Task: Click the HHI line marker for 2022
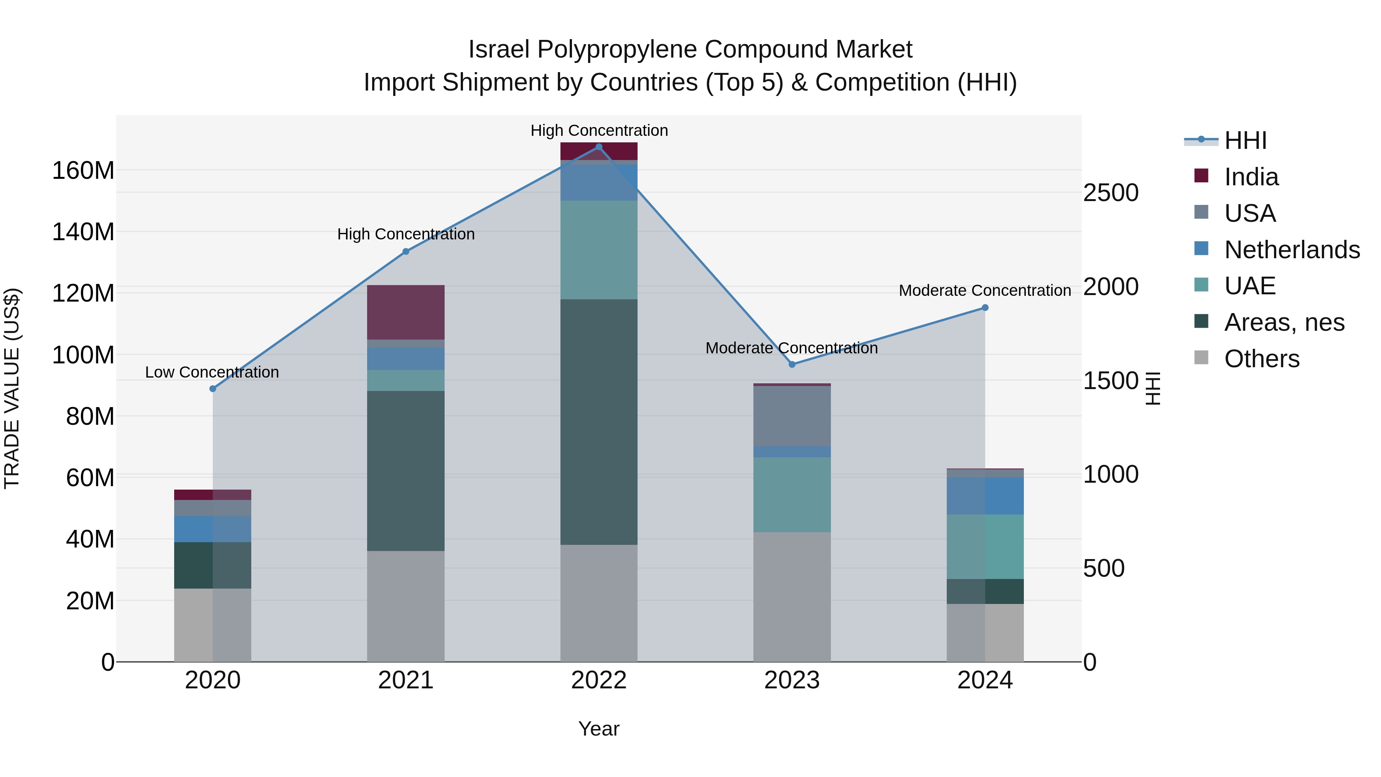(x=599, y=147)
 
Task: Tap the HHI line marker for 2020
(x=213, y=389)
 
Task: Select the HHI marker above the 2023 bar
(x=792, y=365)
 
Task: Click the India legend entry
(x=1251, y=177)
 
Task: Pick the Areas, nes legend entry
(x=1284, y=322)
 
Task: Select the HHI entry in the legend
(x=1245, y=140)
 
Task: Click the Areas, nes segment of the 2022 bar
(x=599, y=422)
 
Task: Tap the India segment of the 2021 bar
(x=406, y=312)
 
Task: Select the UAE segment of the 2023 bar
(x=792, y=495)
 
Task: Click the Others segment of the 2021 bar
(x=406, y=606)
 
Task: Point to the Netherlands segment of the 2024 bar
(x=985, y=496)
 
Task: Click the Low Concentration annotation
(x=212, y=372)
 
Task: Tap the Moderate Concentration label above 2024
(x=984, y=290)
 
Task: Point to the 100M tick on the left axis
(x=83, y=355)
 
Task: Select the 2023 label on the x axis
(x=792, y=680)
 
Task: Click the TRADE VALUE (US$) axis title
(x=12, y=388)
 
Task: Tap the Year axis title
(x=599, y=729)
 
